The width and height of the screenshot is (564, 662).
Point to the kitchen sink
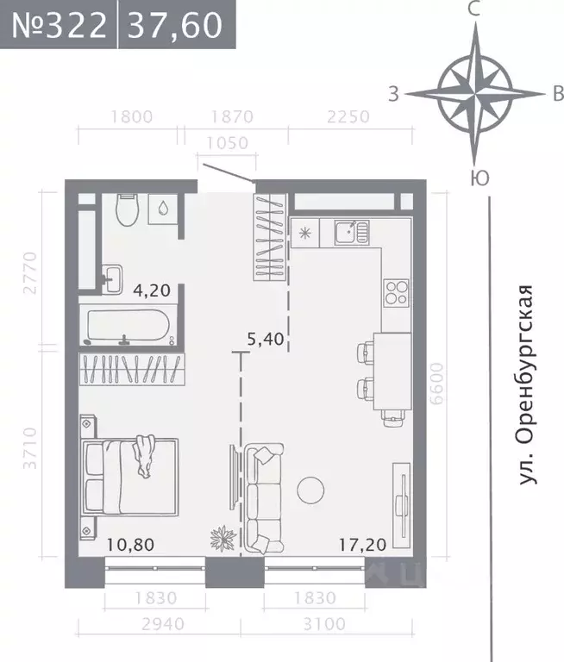pos(349,231)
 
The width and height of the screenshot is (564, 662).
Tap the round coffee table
pos(311,490)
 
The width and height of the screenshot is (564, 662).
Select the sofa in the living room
pos(264,498)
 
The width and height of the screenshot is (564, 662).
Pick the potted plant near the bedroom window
pos(222,540)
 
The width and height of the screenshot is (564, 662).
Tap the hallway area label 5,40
pos(266,340)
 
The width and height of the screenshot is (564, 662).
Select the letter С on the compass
pos(473,10)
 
